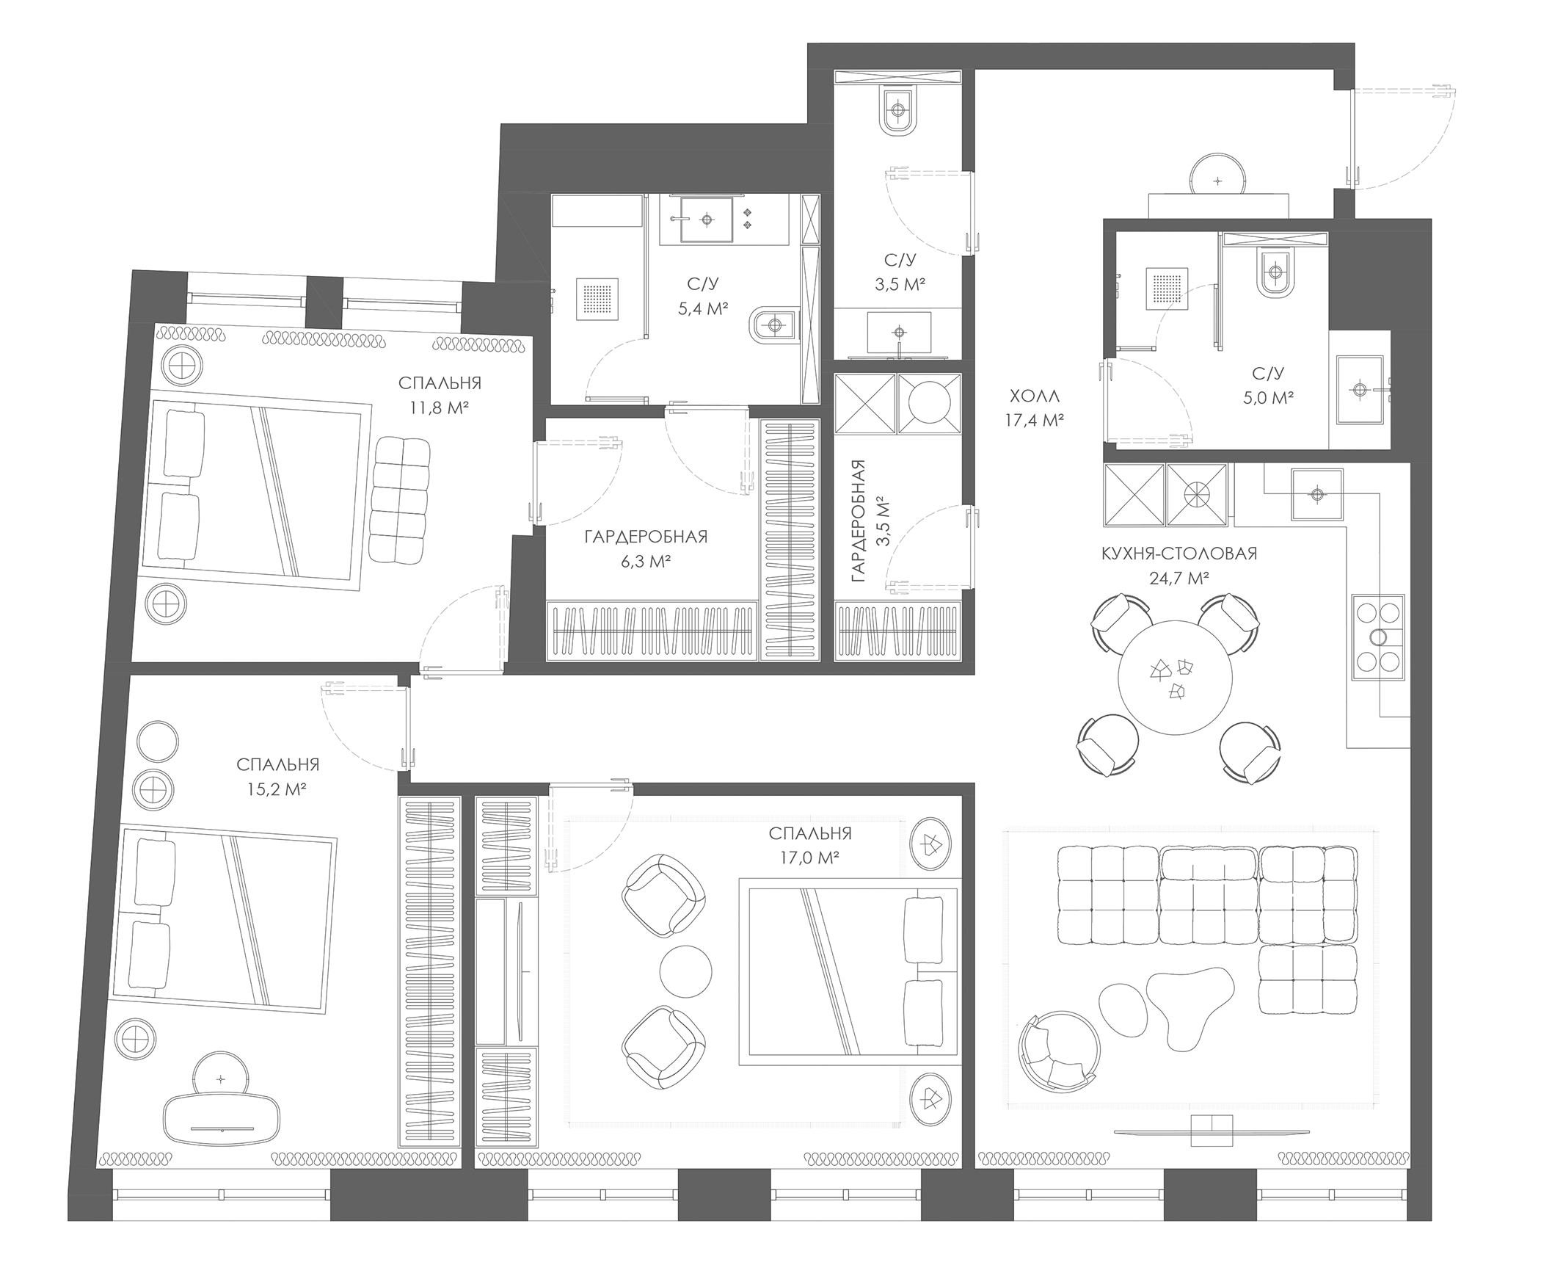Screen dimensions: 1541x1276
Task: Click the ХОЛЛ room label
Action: (x=1035, y=396)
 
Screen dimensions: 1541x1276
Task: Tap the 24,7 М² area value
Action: (x=1179, y=578)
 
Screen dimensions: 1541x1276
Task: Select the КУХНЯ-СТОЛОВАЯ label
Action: (x=1179, y=554)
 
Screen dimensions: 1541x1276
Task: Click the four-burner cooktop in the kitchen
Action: (x=1378, y=637)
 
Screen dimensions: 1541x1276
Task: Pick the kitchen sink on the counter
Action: (x=1317, y=493)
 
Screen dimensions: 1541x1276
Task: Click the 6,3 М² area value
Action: (x=646, y=562)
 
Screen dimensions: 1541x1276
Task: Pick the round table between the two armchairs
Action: (x=685, y=971)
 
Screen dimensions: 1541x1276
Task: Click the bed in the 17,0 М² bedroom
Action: (x=849, y=971)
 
